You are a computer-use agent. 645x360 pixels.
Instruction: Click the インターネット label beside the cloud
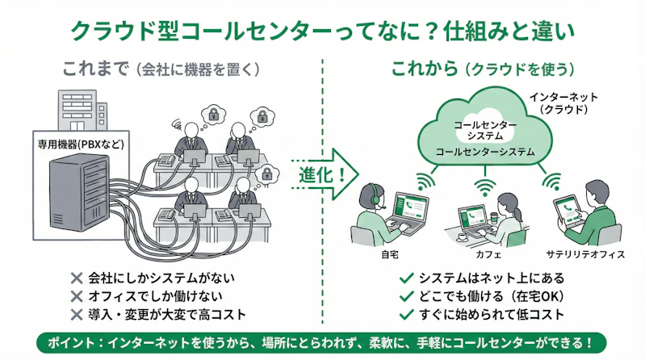click(x=565, y=96)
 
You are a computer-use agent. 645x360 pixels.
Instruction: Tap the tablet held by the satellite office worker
click(x=568, y=211)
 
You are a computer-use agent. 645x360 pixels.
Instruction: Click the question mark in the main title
click(x=433, y=31)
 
